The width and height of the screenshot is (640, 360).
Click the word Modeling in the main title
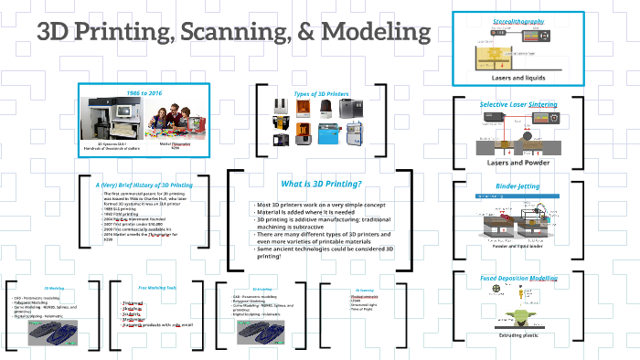(375, 33)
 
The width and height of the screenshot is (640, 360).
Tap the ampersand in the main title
(306, 33)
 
